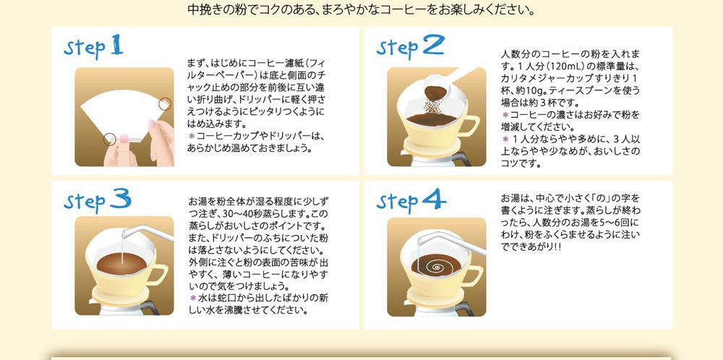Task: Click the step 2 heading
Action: pyautogui.click(x=409, y=48)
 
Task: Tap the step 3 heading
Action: pyautogui.click(x=95, y=200)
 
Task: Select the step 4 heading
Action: pyautogui.click(x=410, y=199)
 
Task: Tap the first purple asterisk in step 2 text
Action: pyautogui.click(x=505, y=115)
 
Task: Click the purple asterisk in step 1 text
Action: pyautogui.click(x=192, y=136)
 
